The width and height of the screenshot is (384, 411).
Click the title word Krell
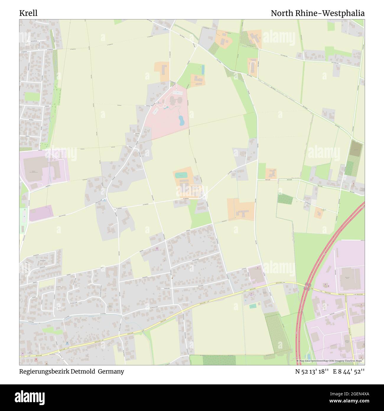coord(28,13)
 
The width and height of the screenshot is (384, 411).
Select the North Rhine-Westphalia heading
coord(318,13)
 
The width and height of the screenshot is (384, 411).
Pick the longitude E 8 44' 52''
coord(349,371)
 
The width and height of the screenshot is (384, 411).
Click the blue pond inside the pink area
coord(181,120)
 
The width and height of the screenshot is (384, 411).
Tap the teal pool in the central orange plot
coord(181,175)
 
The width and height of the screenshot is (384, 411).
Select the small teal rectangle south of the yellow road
coord(253,306)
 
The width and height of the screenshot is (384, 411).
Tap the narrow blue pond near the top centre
coord(203,69)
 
